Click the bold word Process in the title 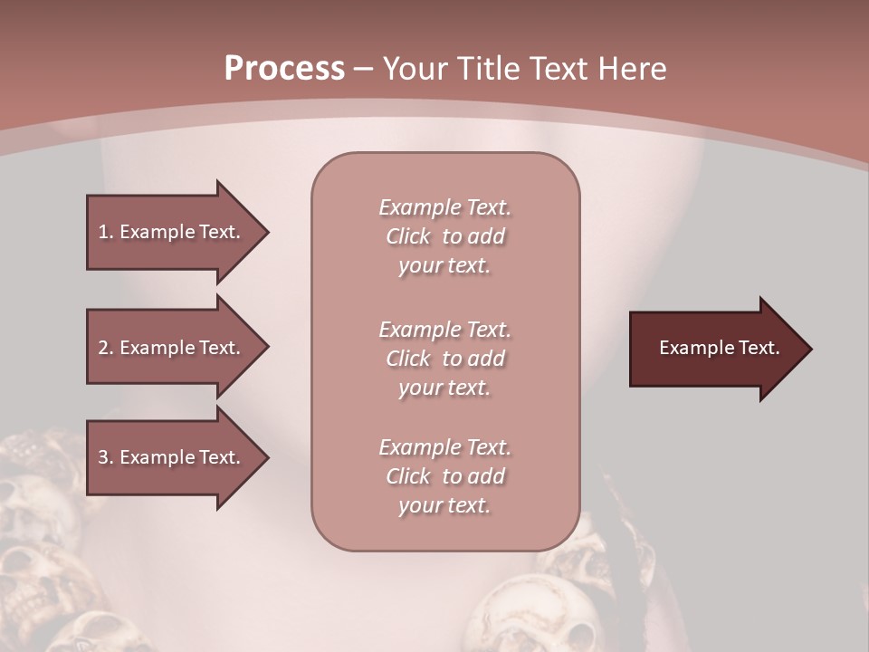pos(284,69)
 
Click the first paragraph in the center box pos(444,236)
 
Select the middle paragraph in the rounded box pos(444,359)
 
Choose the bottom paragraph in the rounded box pos(444,476)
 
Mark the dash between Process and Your pos(363,69)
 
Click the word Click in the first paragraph pos(408,236)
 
